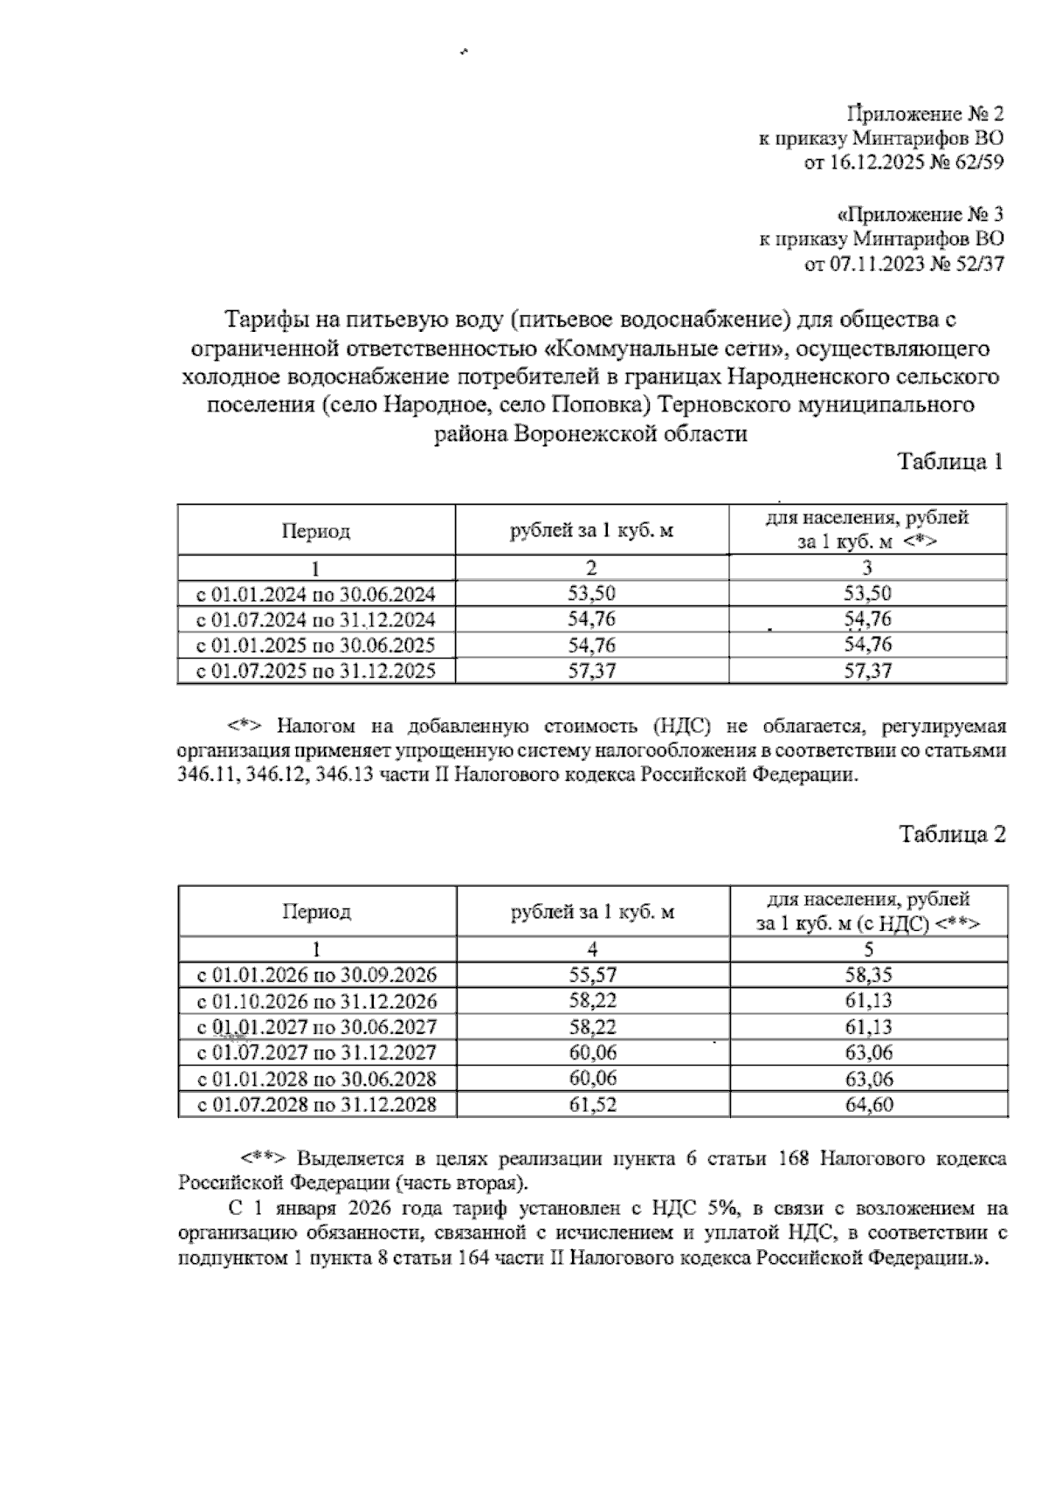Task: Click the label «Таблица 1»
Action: tap(951, 462)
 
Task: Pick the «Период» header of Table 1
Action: tap(315, 531)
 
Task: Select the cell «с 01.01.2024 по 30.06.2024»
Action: tap(315, 595)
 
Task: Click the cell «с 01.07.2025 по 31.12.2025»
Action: tap(315, 671)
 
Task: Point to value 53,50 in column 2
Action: tap(591, 595)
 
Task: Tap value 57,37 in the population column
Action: tap(867, 671)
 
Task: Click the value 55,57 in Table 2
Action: tap(592, 975)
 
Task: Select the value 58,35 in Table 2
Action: tap(868, 975)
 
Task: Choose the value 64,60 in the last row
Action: tap(868, 1104)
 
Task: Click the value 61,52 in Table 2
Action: tap(592, 1104)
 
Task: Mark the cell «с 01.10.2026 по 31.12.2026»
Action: tap(316, 1001)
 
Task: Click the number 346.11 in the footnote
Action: tap(205, 775)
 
